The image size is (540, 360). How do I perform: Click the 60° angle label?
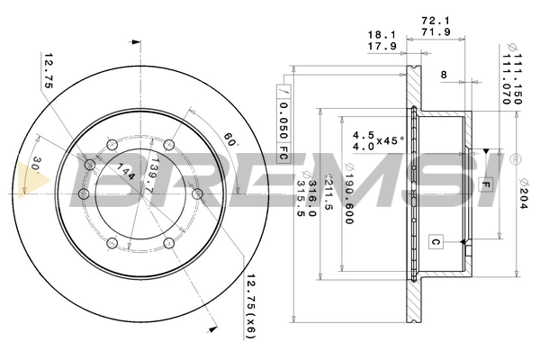pos(230,139)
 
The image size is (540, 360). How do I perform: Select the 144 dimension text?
pos(126,171)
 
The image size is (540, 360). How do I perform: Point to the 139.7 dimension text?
pos(150,175)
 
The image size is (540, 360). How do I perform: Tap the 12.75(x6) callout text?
pos(251,307)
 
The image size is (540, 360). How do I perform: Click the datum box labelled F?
pos(486,185)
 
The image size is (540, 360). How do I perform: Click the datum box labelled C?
pos(436,242)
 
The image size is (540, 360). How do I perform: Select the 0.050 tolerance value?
pos(283,121)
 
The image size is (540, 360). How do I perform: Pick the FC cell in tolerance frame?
pos(283,152)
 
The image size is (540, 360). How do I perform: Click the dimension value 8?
pos(444,75)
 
